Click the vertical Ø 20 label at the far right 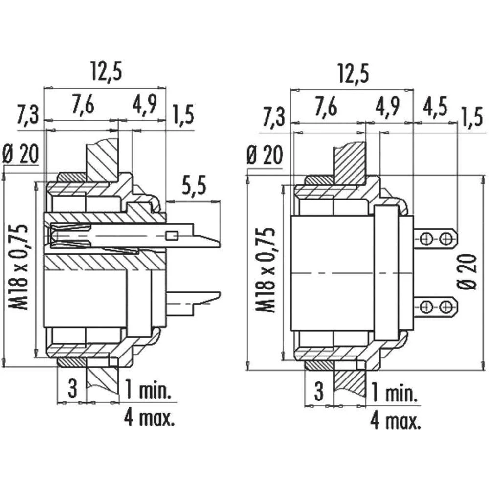pos(469,271)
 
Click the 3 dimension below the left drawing pos(72,389)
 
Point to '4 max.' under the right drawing pos(396,420)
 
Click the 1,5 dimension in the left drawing pos(182,115)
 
